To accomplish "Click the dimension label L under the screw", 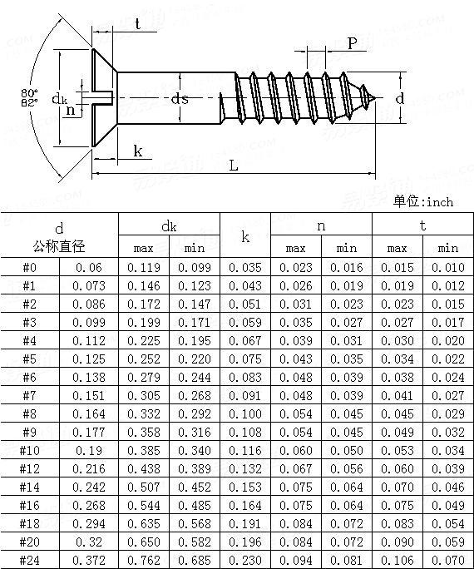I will [234, 165].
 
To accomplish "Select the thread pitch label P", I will [353, 43].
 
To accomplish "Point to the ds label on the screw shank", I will [180, 99].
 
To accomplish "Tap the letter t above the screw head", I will [136, 25].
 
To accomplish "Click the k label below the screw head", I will [137, 151].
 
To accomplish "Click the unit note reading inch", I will [423, 202].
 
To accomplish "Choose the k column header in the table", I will [245, 236].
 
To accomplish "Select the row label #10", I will [30, 450].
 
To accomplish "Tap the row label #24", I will [30, 560].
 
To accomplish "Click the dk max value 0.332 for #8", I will [144, 413].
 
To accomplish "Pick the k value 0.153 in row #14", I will [245, 487].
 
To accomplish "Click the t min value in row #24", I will [448, 560].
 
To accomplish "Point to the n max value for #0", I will [296, 267].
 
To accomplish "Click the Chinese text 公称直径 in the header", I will [59, 246].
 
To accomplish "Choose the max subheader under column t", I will [397, 248].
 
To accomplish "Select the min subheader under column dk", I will [195, 248].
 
